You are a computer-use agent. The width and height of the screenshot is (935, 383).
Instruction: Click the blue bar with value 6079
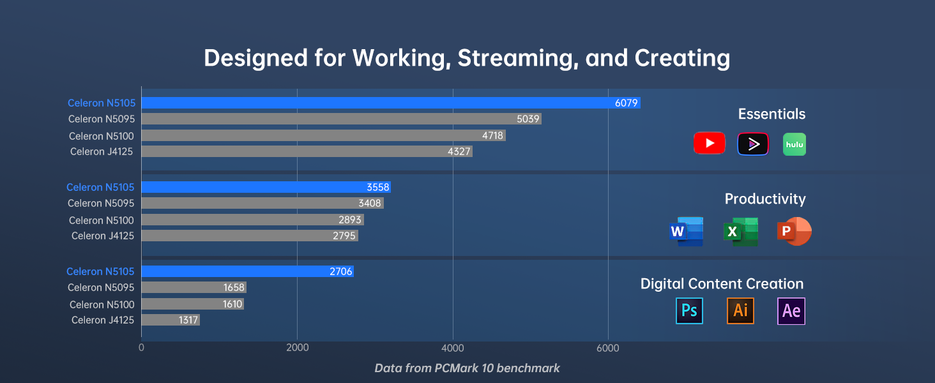coord(390,103)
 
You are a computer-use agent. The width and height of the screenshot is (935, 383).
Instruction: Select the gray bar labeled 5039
coord(341,119)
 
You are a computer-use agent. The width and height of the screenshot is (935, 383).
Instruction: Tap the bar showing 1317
coord(171,320)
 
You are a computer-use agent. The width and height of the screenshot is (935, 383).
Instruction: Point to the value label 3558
coord(377,187)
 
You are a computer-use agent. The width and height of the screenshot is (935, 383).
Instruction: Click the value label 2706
coord(341,271)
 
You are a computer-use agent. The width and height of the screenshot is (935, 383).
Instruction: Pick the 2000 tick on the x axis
coord(298,348)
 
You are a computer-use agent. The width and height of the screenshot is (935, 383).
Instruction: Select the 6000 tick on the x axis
coord(608,348)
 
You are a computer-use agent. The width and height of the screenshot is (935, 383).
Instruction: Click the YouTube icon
coord(709,144)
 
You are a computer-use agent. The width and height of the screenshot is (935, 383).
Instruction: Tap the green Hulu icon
coord(794,144)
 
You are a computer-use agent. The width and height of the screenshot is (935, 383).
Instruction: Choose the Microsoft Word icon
coord(687,231)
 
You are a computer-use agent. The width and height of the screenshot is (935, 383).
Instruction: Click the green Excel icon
coord(741,231)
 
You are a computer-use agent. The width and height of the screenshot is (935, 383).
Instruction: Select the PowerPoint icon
coord(794,231)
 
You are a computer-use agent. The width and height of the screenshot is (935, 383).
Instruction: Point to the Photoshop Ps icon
coord(689,311)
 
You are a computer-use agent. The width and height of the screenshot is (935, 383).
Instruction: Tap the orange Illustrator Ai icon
coord(740,311)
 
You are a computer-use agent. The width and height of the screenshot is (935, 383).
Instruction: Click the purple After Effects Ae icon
coord(791,311)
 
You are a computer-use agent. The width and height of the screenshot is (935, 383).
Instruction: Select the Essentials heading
coord(772,114)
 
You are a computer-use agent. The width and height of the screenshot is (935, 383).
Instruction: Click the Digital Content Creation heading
coord(722,284)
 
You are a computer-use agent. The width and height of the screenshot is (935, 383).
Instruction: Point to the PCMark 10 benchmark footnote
coord(467,368)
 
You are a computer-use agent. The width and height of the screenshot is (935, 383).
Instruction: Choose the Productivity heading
coord(765,199)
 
